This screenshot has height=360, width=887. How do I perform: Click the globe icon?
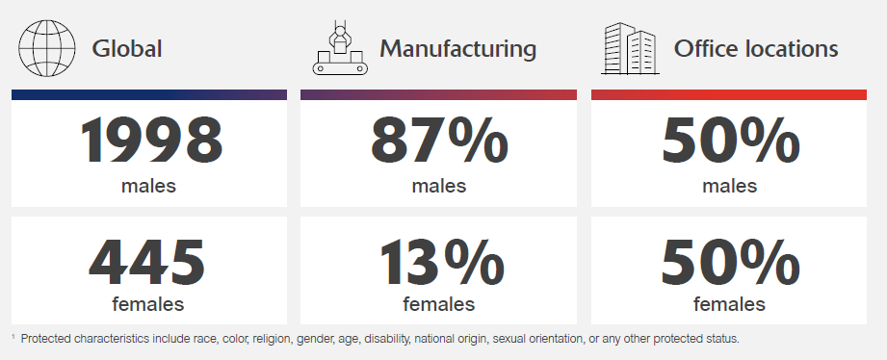tap(47, 47)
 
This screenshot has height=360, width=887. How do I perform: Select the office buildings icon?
tap(630, 48)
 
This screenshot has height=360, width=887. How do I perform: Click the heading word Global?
tap(127, 48)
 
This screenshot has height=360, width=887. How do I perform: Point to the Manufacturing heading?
tap(457, 49)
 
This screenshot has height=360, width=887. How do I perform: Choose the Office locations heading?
tap(756, 48)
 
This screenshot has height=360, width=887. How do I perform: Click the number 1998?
tap(151, 141)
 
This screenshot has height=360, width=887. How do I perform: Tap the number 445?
tap(147, 262)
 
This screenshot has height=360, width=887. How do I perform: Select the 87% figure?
tap(439, 141)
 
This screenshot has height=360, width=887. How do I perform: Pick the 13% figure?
tap(442, 262)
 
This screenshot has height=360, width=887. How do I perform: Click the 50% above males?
tap(730, 141)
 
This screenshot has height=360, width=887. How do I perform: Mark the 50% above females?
tap(730, 262)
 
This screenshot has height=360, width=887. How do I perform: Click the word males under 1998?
tap(148, 186)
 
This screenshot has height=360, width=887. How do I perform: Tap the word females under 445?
tap(148, 304)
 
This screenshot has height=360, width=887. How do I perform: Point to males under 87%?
tap(439, 186)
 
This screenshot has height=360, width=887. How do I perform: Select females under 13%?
tap(439, 304)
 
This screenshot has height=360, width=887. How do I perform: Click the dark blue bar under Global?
tap(148, 94)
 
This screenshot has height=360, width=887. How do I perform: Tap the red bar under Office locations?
tap(729, 94)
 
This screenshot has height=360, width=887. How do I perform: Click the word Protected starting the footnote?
tap(46, 339)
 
